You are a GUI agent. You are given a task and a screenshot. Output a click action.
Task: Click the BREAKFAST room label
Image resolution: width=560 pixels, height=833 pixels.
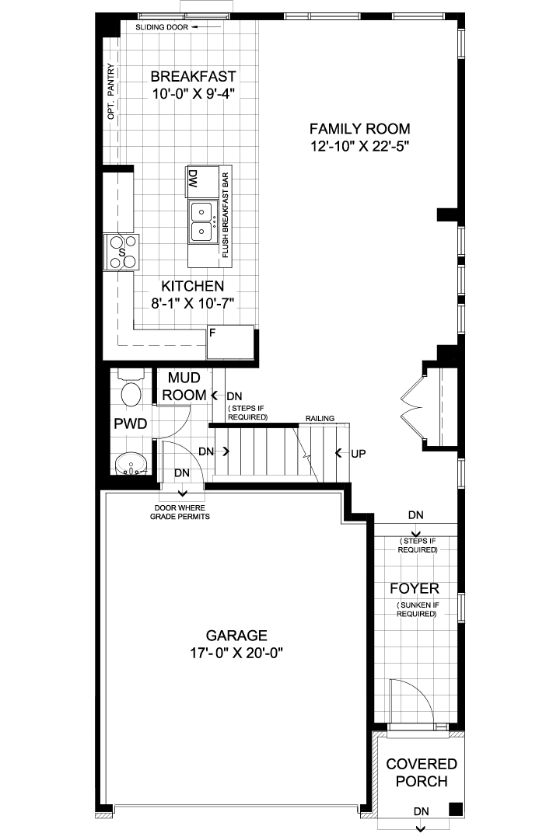tap(193, 76)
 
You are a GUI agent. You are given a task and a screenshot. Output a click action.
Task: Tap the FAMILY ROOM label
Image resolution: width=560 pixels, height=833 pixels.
tap(360, 128)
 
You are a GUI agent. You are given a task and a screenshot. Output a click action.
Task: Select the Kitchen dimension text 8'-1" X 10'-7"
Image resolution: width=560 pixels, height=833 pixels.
tap(193, 303)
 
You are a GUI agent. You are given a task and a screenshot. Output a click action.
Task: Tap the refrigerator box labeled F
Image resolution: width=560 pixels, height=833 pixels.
tap(229, 342)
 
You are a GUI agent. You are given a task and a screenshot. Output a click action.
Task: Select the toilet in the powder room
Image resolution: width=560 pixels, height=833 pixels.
tap(131, 389)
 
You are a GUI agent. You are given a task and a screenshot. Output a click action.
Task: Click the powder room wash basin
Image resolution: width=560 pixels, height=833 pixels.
tap(131, 463)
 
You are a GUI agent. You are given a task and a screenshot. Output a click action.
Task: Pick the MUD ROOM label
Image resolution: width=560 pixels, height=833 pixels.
tap(184, 386)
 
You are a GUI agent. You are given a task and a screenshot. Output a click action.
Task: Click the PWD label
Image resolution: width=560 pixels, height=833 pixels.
tap(131, 423)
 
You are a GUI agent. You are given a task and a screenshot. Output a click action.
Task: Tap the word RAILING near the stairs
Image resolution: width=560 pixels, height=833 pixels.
tap(320, 419)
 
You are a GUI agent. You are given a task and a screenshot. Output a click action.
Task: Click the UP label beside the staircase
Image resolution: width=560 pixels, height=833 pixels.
tap(359, 454)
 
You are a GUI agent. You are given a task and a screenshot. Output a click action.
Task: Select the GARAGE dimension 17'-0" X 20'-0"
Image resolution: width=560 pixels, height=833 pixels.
tap(236, 653)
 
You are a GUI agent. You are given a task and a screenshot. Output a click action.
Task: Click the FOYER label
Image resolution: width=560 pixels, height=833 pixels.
tap(415, 589)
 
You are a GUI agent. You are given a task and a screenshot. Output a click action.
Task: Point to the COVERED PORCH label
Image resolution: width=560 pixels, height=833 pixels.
tap(422, 773)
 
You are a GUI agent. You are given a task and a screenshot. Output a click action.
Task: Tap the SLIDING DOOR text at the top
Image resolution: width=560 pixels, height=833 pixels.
tap(162, 27)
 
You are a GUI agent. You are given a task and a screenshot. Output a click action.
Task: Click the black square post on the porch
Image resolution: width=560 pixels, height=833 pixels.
tap(455, 808)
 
